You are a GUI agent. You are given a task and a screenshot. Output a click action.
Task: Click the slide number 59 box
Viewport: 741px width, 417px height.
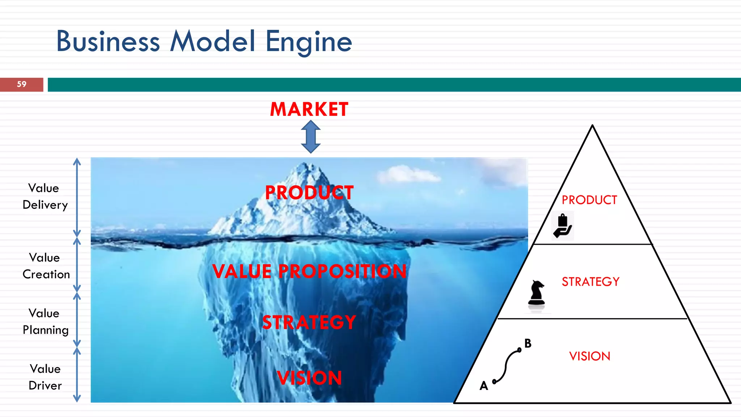point(21,84)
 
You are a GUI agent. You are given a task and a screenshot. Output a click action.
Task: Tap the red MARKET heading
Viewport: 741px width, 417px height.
point(309,109)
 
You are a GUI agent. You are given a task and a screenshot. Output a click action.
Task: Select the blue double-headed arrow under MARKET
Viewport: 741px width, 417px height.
point(311,137)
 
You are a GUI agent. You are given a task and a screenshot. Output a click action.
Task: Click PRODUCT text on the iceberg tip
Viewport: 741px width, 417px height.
point(309,193)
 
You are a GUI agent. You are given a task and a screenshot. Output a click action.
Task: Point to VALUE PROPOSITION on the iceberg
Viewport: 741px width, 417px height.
point(309,271)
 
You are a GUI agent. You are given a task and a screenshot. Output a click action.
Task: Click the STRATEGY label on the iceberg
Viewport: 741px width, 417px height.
point(309,322)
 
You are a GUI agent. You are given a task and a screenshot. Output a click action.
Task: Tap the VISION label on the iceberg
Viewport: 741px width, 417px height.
point(309,378)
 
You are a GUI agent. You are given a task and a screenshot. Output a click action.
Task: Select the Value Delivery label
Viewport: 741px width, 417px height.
point(45,196)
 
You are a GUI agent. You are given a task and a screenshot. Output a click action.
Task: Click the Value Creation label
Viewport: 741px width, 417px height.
point(46,266)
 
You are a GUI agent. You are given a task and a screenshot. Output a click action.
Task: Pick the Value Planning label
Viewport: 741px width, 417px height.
point(45,321)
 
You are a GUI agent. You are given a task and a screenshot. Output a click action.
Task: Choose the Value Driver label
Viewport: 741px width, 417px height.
point(45,377)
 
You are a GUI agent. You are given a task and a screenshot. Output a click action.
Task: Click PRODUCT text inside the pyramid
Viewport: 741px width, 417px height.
point(589,200)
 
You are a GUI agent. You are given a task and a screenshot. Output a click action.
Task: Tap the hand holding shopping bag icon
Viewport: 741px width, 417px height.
point(563,226)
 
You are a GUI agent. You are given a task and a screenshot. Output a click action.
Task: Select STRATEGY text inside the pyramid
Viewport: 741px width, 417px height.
point(590,282)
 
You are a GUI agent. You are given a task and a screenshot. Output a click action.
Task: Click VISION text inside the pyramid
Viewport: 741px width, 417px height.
point(589,356)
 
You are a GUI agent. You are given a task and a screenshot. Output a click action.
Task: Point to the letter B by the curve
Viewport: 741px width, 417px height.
point(528,343)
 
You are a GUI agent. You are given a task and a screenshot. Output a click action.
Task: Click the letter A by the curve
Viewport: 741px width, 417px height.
point(484,386)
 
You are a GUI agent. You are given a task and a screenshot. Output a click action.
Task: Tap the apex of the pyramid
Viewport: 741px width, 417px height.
point(592,126)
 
